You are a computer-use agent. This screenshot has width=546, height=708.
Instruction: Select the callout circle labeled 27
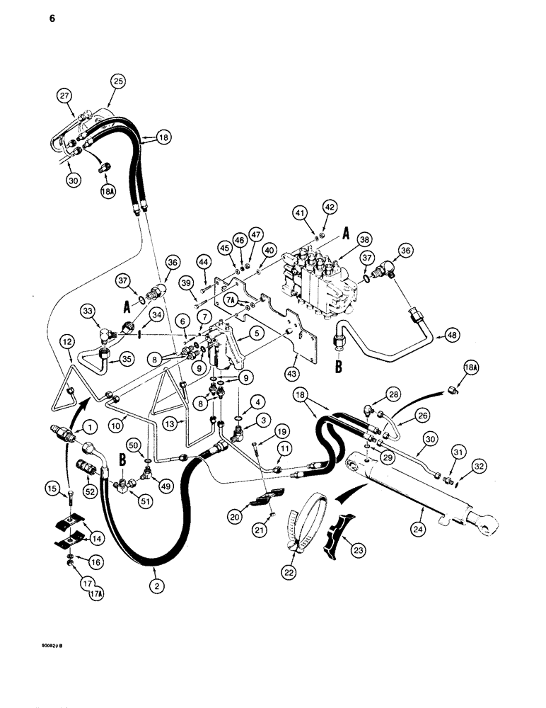65,95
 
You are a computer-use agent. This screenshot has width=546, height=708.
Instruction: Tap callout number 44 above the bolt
204,263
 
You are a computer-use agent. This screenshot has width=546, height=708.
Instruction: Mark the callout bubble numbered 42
330,207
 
